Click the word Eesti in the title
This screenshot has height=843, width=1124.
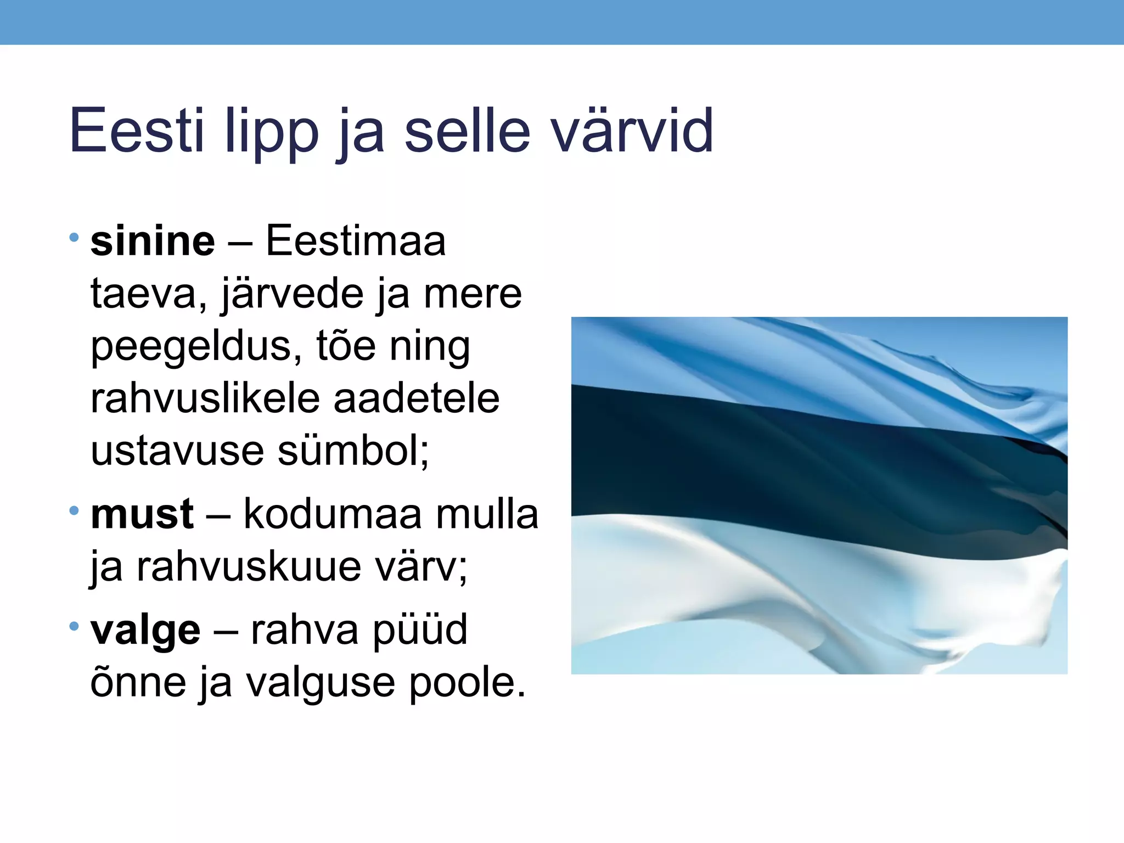tap(137, 130)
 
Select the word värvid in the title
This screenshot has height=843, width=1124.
tap(632, 130)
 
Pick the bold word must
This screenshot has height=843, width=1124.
tap(142, 514)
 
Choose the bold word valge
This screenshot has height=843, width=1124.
tap(145, 630)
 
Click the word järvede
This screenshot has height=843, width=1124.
tap(293, 294)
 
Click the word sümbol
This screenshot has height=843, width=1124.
tap(351, 451)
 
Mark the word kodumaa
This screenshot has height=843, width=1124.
tap(333, 514)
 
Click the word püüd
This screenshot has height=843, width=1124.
tap(420, 630)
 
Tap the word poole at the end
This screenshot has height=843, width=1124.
tap(466, 683)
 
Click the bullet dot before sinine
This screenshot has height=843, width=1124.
tap(74, 238)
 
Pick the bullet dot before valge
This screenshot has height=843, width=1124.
tap(74, 626)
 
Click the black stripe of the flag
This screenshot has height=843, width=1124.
tap(768, 467)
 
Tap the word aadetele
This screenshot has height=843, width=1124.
tap(417, 398)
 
